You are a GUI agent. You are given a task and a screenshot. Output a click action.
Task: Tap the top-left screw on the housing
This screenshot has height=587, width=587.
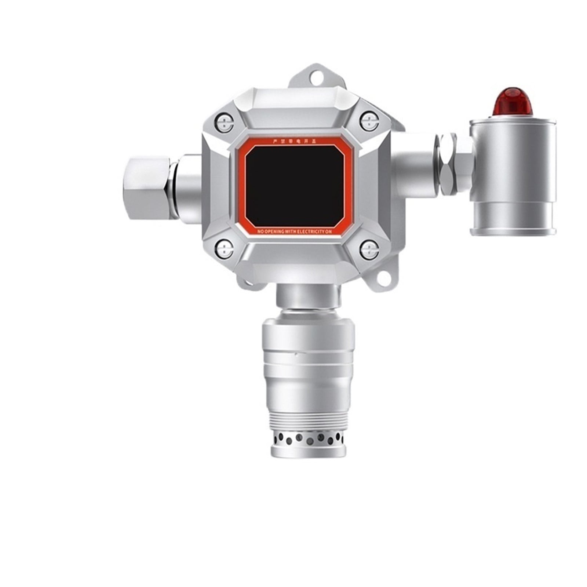point(224,123)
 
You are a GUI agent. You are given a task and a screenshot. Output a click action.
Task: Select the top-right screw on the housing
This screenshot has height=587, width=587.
point(369,121)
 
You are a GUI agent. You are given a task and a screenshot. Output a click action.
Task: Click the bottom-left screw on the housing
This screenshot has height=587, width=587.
point(224,249)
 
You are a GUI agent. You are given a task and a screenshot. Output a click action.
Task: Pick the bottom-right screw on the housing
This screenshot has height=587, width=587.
point(369,250)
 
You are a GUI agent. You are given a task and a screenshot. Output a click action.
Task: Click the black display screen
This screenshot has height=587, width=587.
point(295,186)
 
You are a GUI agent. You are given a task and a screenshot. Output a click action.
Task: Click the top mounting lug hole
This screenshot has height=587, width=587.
point(316,77)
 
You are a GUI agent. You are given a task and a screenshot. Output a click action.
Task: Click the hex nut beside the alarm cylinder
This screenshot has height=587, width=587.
point(448,164)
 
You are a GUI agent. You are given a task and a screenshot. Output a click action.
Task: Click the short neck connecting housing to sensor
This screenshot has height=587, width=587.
point(308,296)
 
